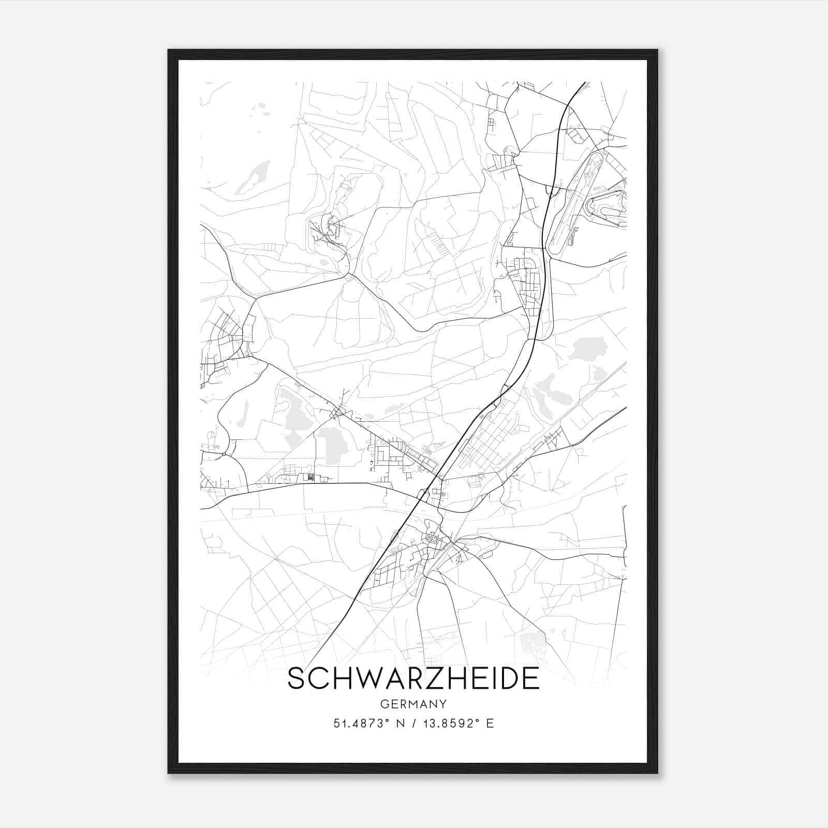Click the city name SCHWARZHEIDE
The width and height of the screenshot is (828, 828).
(x=413, y=678)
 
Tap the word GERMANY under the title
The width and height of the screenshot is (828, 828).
(x=413, y=704)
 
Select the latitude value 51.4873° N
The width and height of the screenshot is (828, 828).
(x=369, y=723)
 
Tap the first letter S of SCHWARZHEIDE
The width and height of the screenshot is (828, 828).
(x=295, y=678)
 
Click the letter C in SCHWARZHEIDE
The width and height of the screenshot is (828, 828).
(x=316, y=678)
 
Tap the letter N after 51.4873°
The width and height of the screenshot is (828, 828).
(x=400, y=723)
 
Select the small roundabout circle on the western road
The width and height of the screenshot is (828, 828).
(x=224, y=454)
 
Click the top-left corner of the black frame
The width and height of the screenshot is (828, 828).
(x=169, y=51)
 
